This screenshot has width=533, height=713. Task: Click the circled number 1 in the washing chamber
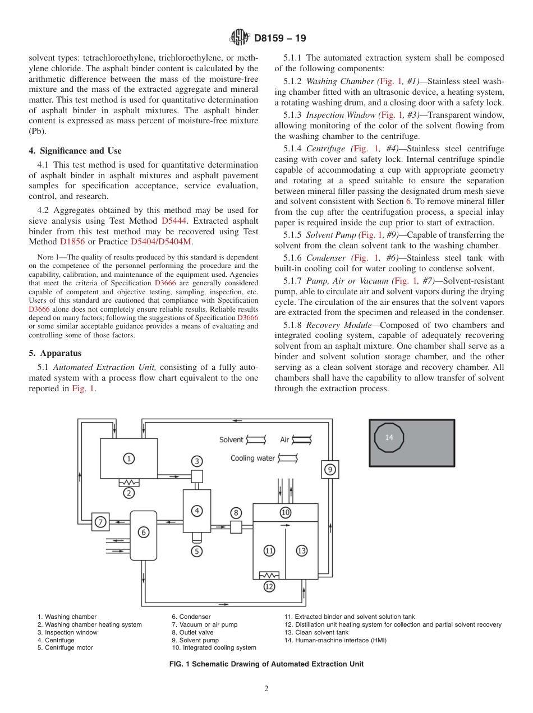point(129,459)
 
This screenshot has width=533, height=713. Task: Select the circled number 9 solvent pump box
point(330,469)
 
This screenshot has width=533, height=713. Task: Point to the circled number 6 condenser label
point(144,533)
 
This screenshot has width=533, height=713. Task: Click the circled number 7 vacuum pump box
point(100,522)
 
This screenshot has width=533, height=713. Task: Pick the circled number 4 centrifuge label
point(196,510)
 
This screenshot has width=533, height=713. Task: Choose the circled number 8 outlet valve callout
point(236,512)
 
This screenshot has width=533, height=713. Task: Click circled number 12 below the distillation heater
point(269,587)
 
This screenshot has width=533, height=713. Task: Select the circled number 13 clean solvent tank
point(302,550)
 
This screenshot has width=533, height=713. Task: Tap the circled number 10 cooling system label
point(285,512)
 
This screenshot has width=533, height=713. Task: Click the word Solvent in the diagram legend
point(231,439)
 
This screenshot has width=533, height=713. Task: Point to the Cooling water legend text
point(252,458)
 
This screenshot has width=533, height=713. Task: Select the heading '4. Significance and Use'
point(75,151)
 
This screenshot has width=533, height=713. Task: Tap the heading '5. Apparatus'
point(55,353)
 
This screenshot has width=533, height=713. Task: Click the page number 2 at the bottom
point(266,689)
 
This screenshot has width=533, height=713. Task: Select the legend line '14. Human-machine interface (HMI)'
point(335,640)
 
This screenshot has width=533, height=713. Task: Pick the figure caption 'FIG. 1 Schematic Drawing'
point(266,664)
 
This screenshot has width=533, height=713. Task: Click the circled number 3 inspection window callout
point(196,461)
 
